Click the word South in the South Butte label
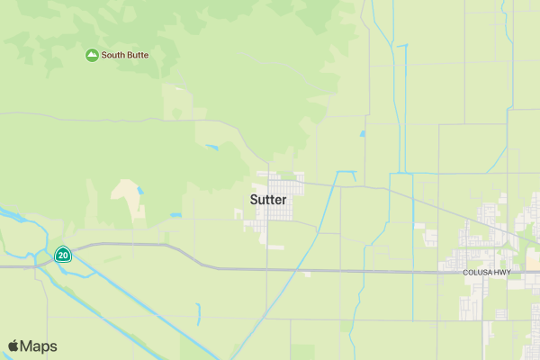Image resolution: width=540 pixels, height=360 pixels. point(113,55)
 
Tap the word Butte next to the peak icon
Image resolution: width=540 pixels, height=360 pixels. point(137,55)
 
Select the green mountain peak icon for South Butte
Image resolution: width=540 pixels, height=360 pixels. point(92,56)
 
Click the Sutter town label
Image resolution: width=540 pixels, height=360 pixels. point(268,199)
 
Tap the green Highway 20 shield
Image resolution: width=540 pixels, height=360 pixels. point(63,255)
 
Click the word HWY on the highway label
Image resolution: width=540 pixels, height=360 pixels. point(500,272)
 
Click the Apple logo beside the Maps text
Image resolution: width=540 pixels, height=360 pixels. point(13,346)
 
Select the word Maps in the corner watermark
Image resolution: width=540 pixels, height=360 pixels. point(40,346)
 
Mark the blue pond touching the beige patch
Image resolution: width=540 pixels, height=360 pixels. point(139,192)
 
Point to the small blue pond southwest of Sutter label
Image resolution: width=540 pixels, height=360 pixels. point(175,215)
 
